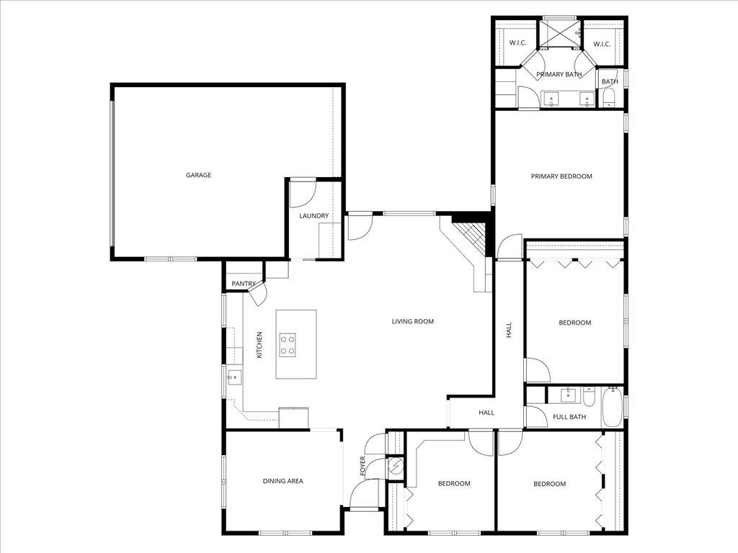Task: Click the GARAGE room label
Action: coord(198,175)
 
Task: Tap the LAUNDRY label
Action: coord(314,216)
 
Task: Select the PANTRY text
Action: coord(244,284)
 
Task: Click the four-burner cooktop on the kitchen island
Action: coord(288,344)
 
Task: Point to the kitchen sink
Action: coord(234,377)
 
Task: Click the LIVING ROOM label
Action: coord(412,322)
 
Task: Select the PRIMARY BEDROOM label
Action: coord(561,176)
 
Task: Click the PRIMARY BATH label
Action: coord(559,75)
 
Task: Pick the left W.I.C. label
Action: coord(517,44)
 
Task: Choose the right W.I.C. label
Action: coord(602,45)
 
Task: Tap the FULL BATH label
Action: coord(569,417)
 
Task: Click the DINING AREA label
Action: coord(283,481)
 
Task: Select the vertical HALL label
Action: coord(509,330)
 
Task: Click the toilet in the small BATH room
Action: coord(608,97)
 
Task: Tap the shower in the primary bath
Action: coord(561,33)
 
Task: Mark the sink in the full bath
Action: coord(569,395)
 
